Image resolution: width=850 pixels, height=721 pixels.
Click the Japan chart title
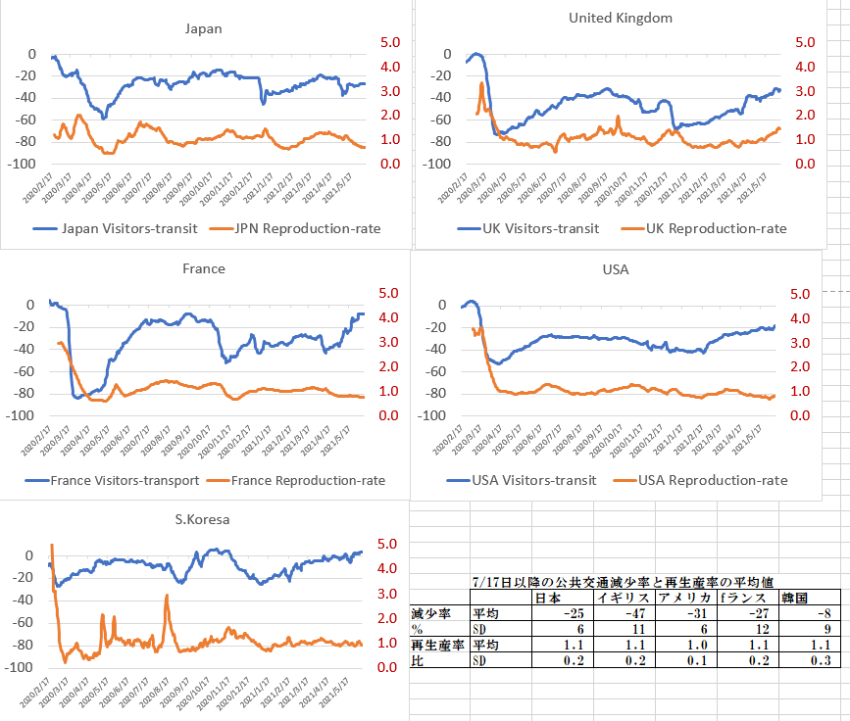click(x=204, y=28)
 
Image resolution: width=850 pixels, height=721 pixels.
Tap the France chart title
click(x=204, y=268)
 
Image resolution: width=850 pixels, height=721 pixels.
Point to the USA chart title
click(x=615, y=269)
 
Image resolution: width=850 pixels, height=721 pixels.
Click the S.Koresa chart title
click(x=204, y=519)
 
